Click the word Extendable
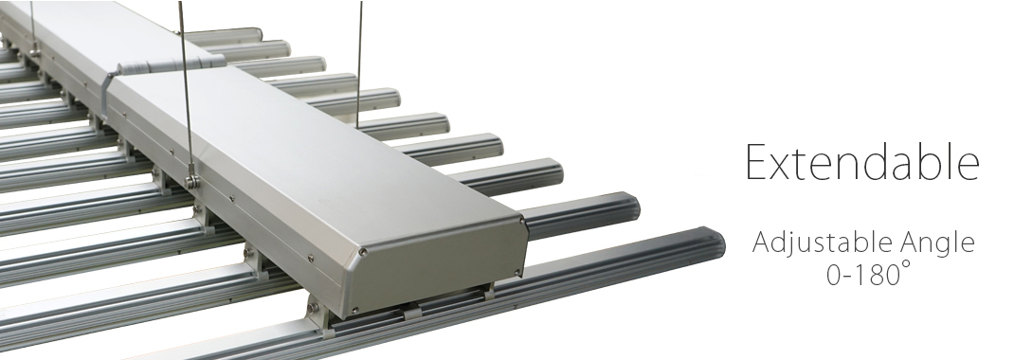pos(862,162)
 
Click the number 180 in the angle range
pos(878,275)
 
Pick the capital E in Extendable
pos(757,162)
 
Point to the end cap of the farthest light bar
pos(258,33)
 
